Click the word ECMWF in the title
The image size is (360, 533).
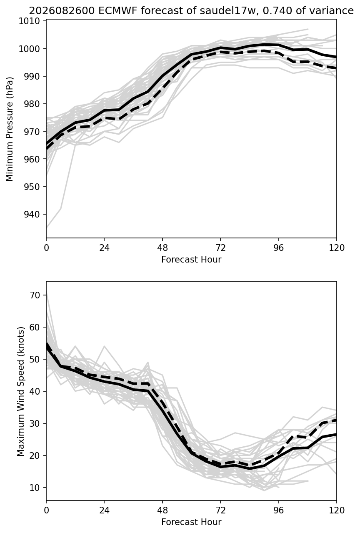tap(117, 11)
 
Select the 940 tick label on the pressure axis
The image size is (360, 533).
tap(32, 214)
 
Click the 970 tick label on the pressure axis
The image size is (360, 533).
tap(32, 132)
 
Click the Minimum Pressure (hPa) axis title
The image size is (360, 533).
tap(10, 129)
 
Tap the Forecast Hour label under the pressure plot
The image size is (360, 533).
tap(191, 259)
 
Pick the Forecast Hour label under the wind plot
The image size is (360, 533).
tap(191, 522)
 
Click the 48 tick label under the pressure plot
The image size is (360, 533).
tap(162, 248)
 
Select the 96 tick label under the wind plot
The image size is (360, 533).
tap(278, 510)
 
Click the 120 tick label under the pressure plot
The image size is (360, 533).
tap(336, 248)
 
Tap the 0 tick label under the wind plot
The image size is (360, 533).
tap(46, 510)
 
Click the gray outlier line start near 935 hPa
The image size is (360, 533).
tap(47, 228)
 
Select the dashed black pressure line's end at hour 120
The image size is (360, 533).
tap(336, 68)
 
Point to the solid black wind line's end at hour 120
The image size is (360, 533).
tap(336, 434)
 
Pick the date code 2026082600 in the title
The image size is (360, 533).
tap(62, 11)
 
